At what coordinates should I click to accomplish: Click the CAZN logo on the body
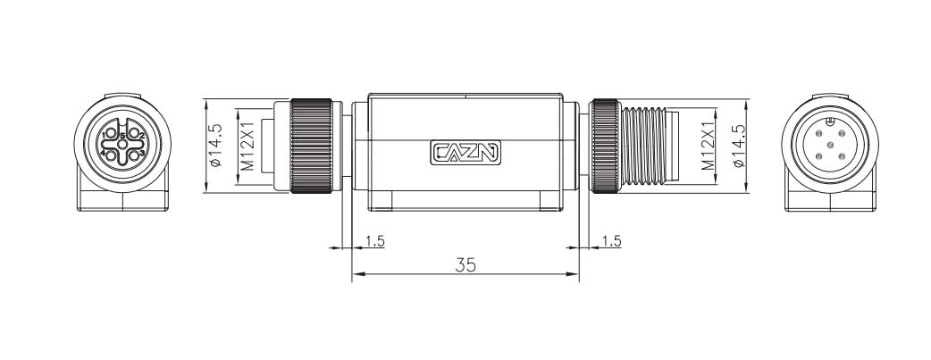(x=465, y=153)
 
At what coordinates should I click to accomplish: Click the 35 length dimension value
(x=465, y=265)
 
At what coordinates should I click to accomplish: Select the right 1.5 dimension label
(x=611, y=241)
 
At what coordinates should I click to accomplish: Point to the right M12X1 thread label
(x=707, y=147)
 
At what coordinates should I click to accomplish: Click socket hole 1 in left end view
(x=112, y=134)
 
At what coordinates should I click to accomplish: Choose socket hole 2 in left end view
(x=135, y=134)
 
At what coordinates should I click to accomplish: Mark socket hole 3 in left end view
(x=135, y=156)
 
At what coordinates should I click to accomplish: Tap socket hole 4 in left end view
(x=112, y=156)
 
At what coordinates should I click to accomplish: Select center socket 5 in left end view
(x=123, y=145)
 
